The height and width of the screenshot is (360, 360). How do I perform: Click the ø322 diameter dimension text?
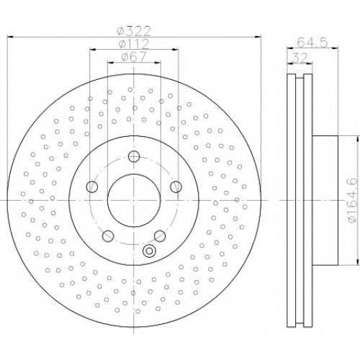pyautogui.click(x=134, y=31)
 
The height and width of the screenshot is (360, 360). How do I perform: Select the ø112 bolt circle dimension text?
pyautogui.click(x=134, y=44)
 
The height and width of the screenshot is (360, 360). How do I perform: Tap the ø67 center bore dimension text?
pyautogui.click(x=134, y=57)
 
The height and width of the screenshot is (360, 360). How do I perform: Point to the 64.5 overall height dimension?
pyautogui.click(x=312, y=42)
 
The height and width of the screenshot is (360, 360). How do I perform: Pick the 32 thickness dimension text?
pyautogui.click(x=300, y=58)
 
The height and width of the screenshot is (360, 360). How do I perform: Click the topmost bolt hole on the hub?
pyautogui.click(x=134, y=156)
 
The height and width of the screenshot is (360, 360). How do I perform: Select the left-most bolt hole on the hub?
pyautogui.click(x=91, y=186)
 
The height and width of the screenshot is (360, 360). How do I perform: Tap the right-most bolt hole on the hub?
pyautogui.click(x=176, y=186)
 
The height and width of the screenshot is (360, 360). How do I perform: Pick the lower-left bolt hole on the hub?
pyautogui.click(x=108, y=236)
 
